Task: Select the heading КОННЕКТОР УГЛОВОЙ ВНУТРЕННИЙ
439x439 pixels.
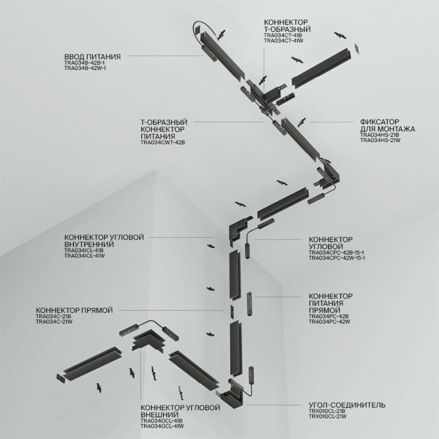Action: click(104, 241)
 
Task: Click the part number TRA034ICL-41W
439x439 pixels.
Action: click(84, 256)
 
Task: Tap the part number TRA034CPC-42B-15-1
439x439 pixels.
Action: click(337, 253)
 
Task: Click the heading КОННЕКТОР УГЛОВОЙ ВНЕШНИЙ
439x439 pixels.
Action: click(181, 411)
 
